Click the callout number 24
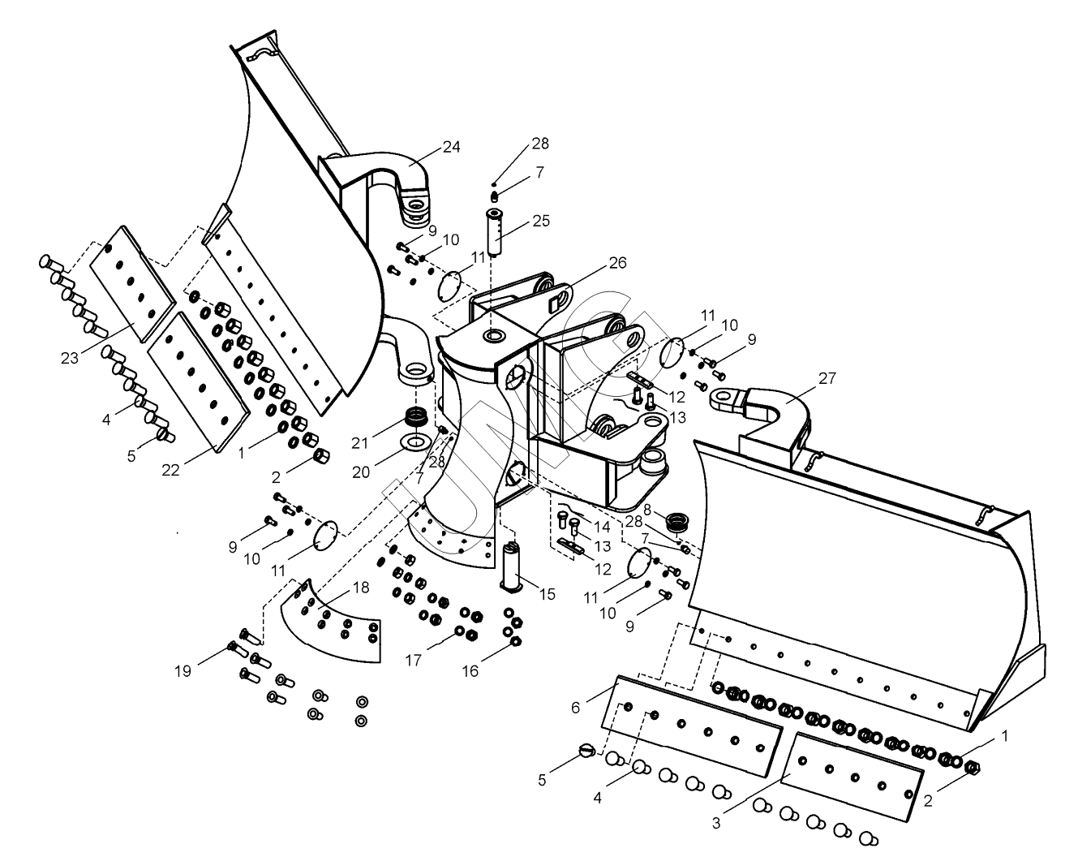[452, 147]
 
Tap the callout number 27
[827, 377]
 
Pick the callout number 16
[471, 670]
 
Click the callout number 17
[413, 661]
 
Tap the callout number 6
[575, 707]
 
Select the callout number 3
[716, 822]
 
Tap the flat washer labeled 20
[415, 442]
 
